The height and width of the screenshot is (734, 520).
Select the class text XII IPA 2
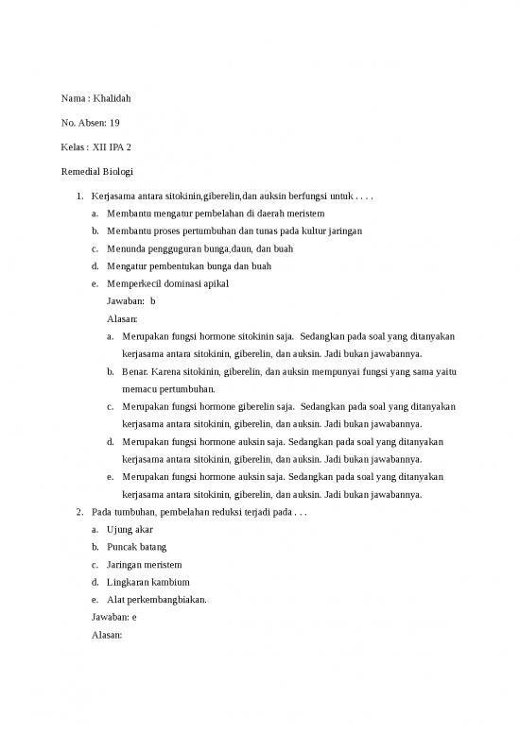112,147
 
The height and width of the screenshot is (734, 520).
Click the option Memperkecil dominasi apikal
167,284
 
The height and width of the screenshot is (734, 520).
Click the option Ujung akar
130,530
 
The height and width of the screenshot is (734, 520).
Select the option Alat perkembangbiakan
158,600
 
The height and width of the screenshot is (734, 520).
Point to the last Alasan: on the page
108,635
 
